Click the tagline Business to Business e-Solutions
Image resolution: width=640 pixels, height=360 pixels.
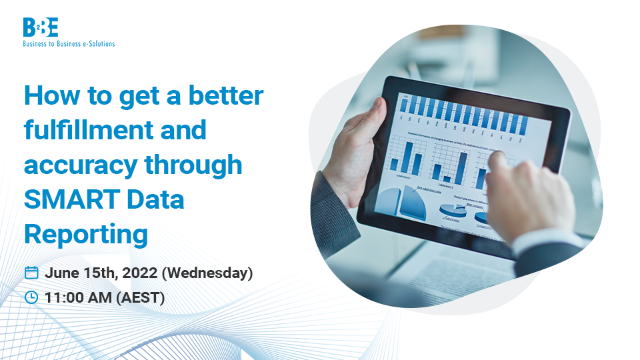[x=69, y=43]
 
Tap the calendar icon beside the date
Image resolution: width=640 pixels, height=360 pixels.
[x=31, y=273]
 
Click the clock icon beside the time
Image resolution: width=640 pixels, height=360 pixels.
[x=31, y=297]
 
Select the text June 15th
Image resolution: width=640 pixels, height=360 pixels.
[x=77, y=273]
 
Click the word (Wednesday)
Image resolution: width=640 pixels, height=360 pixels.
[x=207, y=273]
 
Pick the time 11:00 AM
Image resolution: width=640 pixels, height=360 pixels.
[x=79, y=297]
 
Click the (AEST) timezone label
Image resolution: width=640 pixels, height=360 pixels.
[x=141, y=297]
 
